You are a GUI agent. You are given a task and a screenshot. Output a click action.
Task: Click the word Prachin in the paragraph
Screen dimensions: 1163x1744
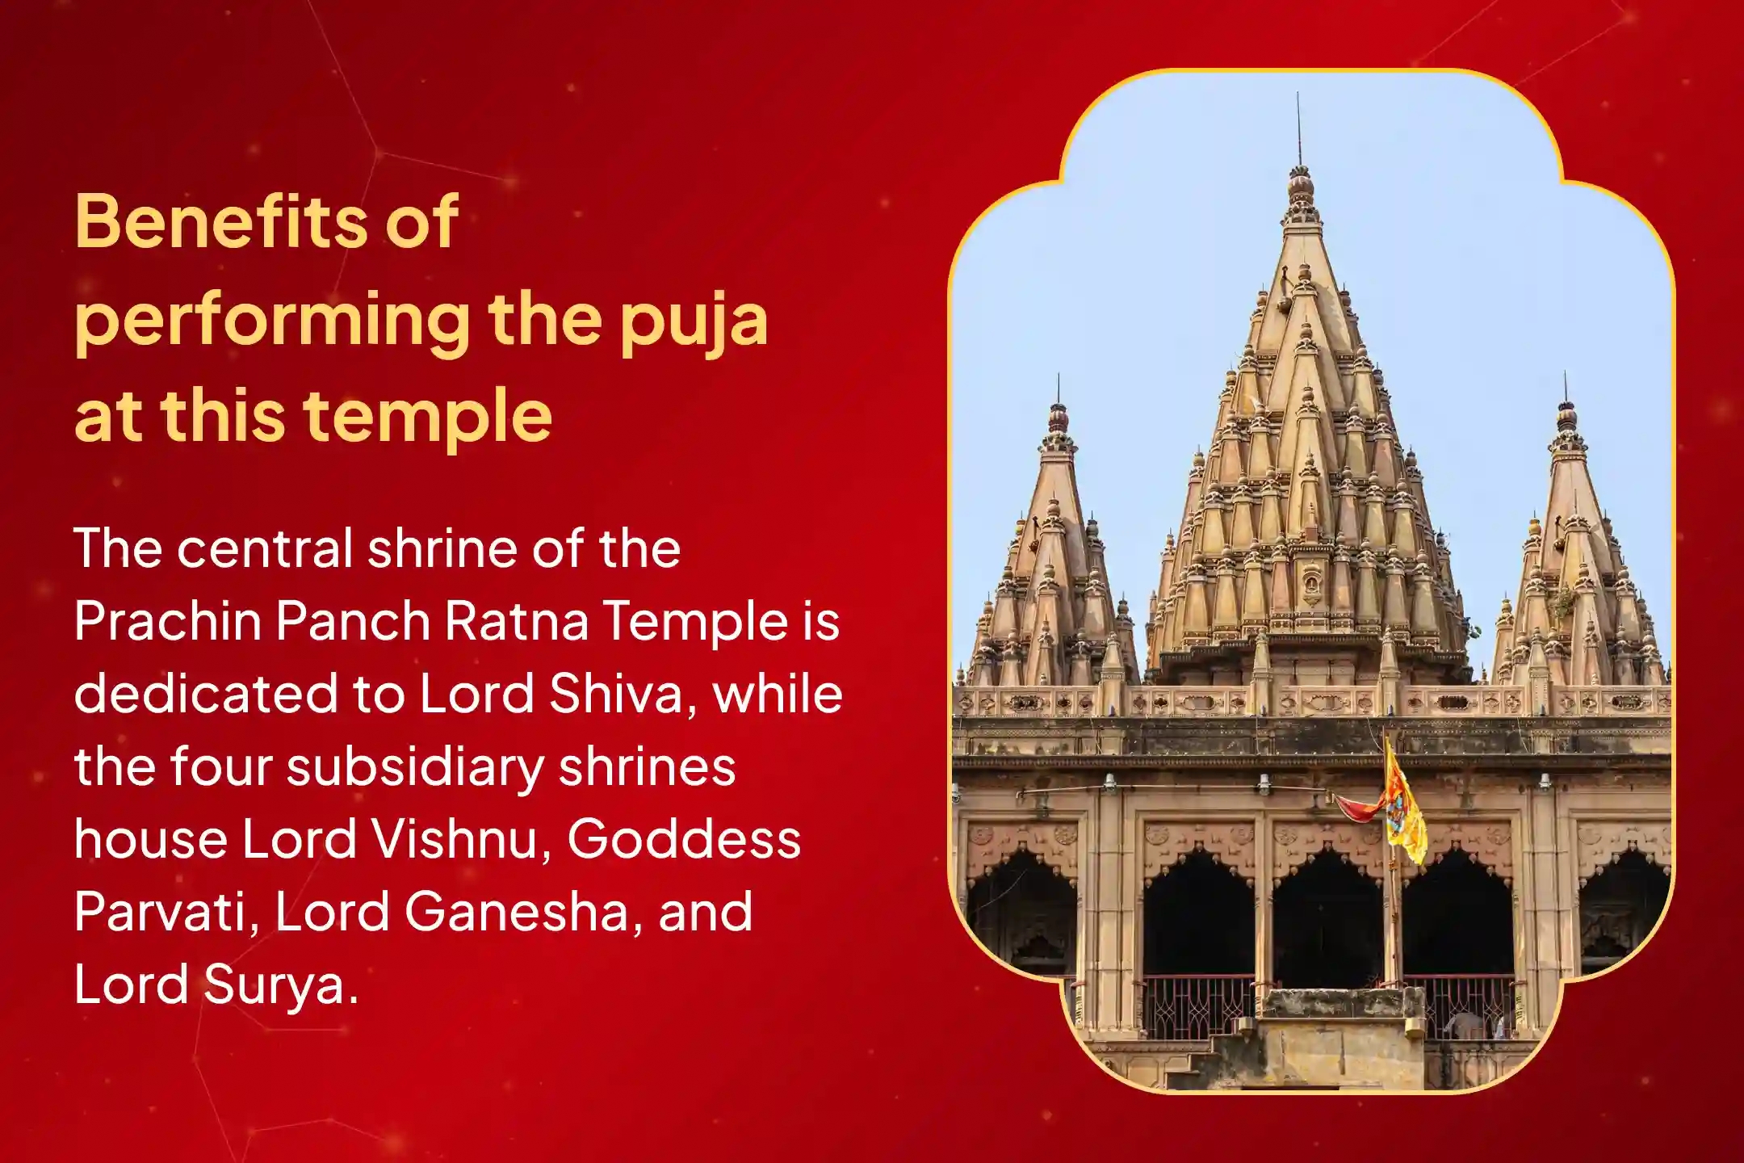pyautogui.click(x=166, y=621)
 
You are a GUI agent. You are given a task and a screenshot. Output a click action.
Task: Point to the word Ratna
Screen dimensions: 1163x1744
pyautogui.click(x=517, y=621)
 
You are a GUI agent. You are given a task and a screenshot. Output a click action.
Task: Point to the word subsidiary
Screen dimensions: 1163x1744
pyautogui.click(x=415, y=766)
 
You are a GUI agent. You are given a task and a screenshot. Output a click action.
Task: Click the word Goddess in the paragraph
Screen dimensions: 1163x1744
pyautogui.click(x=684, y=839)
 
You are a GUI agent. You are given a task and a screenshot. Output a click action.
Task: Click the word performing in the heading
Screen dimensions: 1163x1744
pyautogui.click(x=271, y=321)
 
